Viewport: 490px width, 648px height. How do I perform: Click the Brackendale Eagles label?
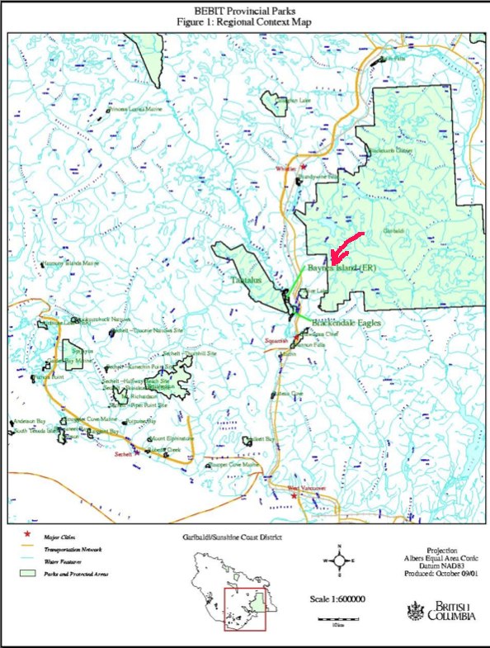tap(346, 323)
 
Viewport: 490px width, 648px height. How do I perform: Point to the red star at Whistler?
tap(304, 167)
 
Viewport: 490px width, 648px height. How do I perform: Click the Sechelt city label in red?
tap(123, 454)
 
